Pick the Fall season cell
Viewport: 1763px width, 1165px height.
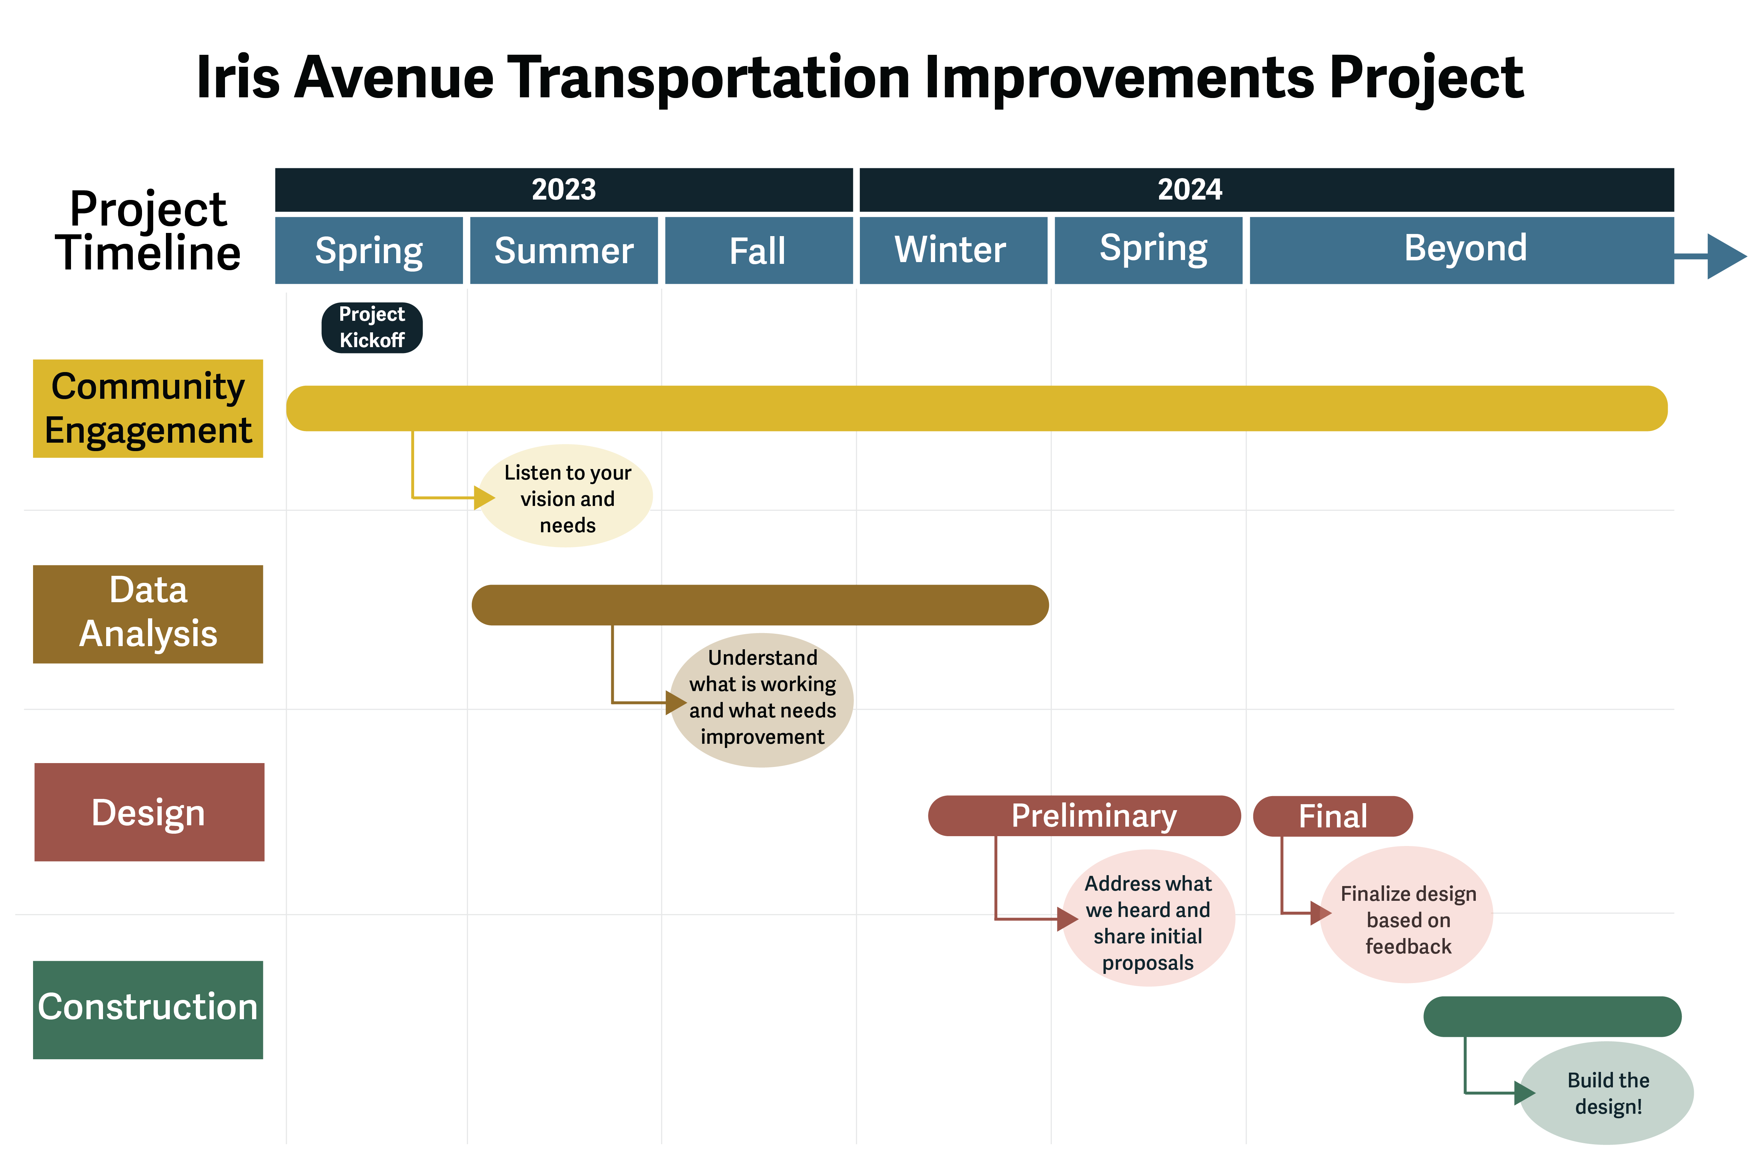coord(758,250)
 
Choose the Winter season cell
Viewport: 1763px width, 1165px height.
coord(953,250)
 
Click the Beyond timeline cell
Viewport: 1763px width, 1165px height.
coord(1461,250)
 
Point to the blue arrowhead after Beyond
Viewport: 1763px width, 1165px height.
coord(1726,256)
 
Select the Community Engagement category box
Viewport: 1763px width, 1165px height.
coord(148,409)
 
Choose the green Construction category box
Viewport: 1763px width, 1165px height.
coord(148,1010)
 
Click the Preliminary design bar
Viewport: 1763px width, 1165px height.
coord(1085,816)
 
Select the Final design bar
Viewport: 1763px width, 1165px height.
coord(1333,816)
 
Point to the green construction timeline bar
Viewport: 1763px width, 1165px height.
coord(1552,1016)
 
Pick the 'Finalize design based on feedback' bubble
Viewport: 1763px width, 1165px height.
coord(1406,915)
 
